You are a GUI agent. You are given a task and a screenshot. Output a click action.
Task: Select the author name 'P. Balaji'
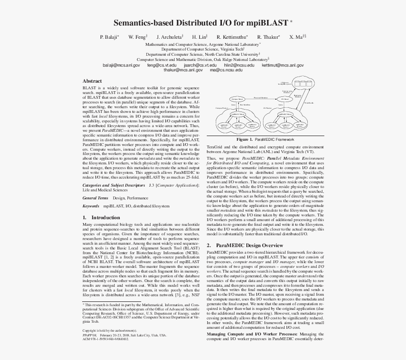pyautogui.click(x=108, y=37)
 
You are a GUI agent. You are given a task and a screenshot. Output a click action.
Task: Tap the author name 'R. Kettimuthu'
pyautogui.click(x=232, y=37)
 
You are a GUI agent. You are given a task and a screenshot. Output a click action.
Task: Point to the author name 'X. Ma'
pyautogui.click(x=296, y=37)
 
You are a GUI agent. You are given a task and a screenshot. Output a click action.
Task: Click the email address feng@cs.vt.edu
pyautogui.click(x=161, y=65)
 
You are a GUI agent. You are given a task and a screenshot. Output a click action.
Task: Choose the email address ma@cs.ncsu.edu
pyautogui.click(x=226, y=70)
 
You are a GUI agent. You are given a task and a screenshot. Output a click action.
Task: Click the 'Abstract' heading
pyautogui.click(x=92, y=81)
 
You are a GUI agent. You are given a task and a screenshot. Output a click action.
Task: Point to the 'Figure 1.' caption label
pyautogui.click(x=245, y=140)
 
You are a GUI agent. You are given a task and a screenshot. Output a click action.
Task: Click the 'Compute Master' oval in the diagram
pyautogui.click(x=237, y=99)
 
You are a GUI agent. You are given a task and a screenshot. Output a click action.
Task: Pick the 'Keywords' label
pyautogui.click(x=91, y=206)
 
